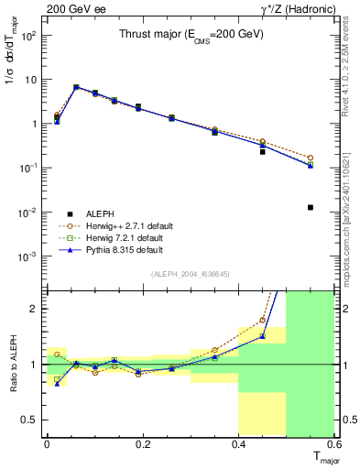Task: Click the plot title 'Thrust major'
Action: pyautogui.click(x=191, y=34)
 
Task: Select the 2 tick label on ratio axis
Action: pyautogui.click(x=34, y=309)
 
